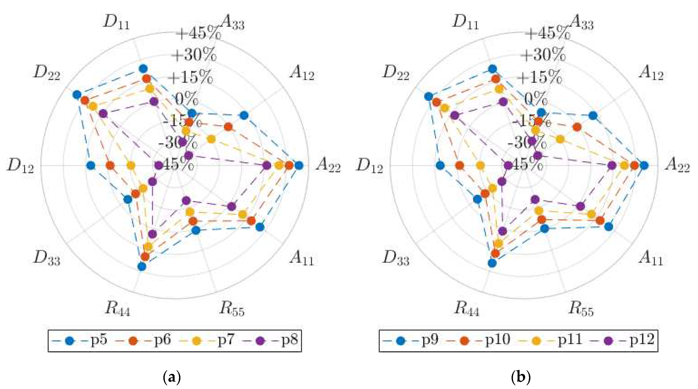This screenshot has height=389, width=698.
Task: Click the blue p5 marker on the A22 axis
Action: pyautogui.click(x=299, y=166)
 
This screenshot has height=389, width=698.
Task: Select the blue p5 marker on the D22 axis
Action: pyautogui.click(x=77, y=95)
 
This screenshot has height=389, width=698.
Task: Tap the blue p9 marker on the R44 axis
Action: pyautogui.click(x=492, y=263)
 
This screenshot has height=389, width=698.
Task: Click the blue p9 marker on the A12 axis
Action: pyautogui.click(x=593, y=116)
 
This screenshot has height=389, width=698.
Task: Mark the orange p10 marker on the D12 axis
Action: pyautogui.click(x=459, y=166)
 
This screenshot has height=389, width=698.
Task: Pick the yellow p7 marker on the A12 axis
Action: pyautogui.click(x=211, y=139)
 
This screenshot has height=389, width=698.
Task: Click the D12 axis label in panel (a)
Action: pyautogui.click(x=21, y=166)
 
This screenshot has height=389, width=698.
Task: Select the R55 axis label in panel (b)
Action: pyautogui.click(x=581, y=309)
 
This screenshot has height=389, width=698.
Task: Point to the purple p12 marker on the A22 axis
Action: pyautogui.click(x=611, y=166)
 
